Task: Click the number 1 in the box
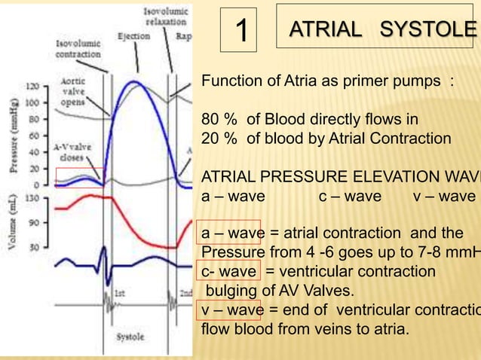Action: tap(241, 31)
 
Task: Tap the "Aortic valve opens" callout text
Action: tap(74, 91)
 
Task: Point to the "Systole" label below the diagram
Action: tap(130, 337)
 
